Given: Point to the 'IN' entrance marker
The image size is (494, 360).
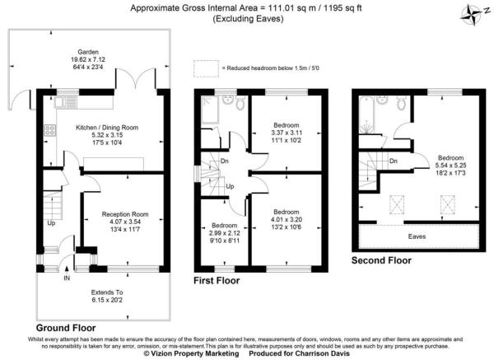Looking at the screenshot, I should point(66,278).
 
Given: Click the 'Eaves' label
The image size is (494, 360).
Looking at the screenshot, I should point(419,236).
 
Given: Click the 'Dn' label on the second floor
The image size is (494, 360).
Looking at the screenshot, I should point(393,161).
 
